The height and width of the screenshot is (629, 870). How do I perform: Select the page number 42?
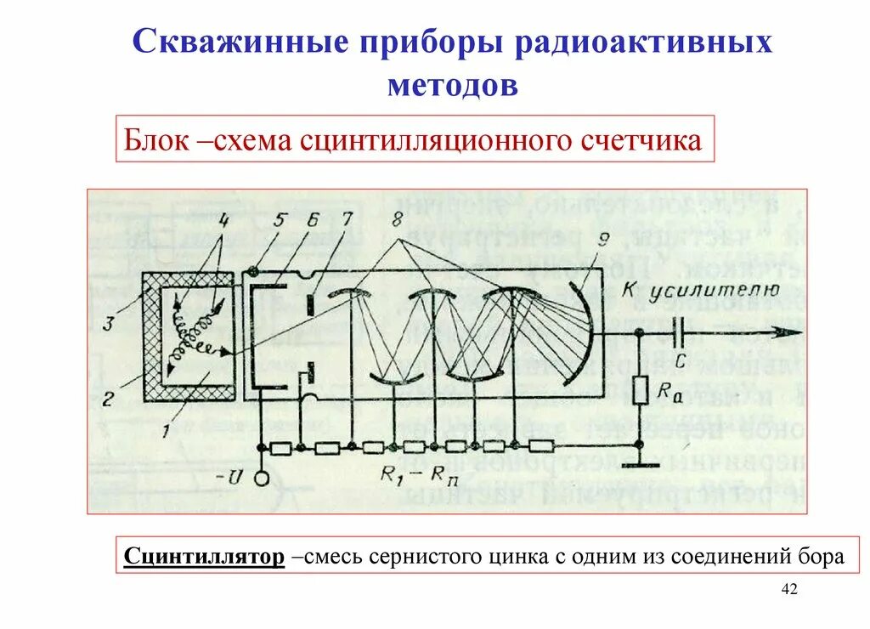(789, 590)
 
